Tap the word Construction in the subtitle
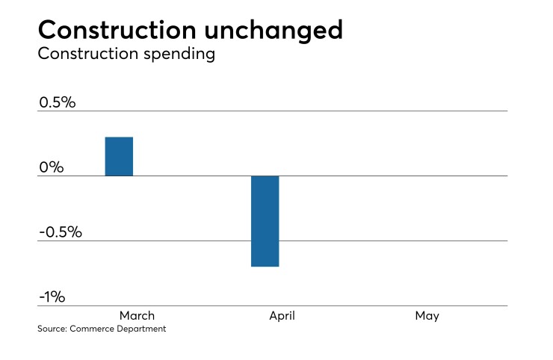click(x=77, y=54)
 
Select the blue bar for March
click(x=119, y=157)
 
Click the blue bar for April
click(x=265, y=221)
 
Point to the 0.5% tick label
click(x=57, y=102)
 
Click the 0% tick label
click(x=51, y=167)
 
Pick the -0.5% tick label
click(x=60, y=232)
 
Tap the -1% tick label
click(x=52, y=297)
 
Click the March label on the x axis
click(x=136, y=316)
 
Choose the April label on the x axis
click(x=282, y=316)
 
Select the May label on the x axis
click(x=427, y=316)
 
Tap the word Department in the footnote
click(x=141, y=329)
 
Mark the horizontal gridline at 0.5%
click(x=299, y=111)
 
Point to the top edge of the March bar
click(x=119, y=137)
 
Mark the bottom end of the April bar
click(x=265, y=266)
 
